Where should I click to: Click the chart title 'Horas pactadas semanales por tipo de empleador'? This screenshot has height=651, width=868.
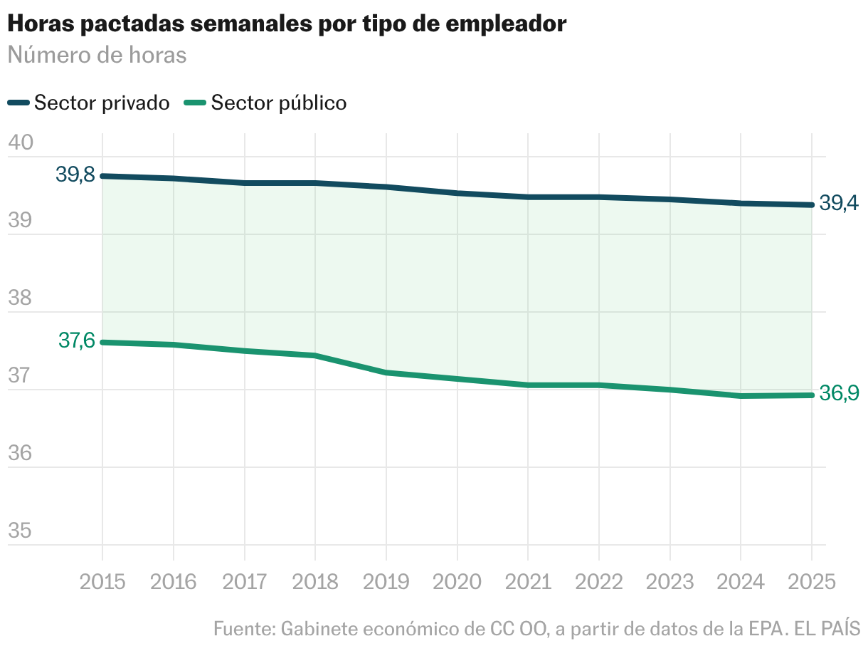click(x=287, y=24)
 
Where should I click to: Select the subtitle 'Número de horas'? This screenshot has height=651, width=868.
click(x=97, y=55)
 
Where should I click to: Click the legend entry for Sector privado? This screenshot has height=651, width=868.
click(x=89, y=103)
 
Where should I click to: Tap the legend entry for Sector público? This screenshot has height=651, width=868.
click(x=265, y=103)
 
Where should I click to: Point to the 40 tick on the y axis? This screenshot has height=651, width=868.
click(x=21, y=142)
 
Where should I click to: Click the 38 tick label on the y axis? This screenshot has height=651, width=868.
click(x=20, y=297)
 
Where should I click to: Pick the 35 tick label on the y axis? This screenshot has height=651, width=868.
click(x=20, y=531)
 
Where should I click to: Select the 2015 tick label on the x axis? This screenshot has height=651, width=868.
click(x=102, y=582)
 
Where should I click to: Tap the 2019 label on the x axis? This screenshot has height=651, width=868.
click(x=386, y=582)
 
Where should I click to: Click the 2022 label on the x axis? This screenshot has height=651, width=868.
click(x=598, y=582)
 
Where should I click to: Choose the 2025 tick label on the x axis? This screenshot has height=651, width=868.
click(x=812, y=582)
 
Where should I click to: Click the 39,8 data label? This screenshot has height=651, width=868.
click(x=75, y=175)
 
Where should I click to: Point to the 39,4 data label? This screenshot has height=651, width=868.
click(x=839, y=204)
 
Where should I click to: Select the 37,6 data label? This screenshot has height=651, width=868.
click(x=77, y=340)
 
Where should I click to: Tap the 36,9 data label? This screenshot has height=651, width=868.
click(x=839, y=393)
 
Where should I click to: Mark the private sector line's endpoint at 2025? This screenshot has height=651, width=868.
click(x=812, y=205)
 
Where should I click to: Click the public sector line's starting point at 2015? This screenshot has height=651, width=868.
click(x=102, y=343)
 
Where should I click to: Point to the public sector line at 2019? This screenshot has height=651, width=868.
click(x=386, y=373)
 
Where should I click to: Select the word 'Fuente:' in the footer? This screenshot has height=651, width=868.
click(x=244, y=629)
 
